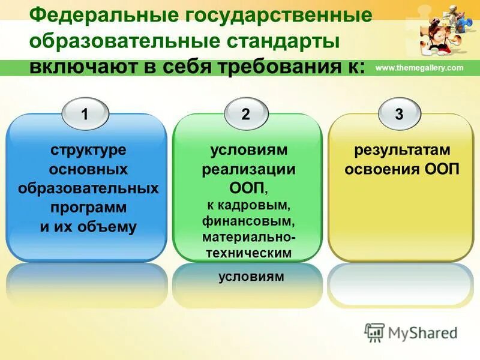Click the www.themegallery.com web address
pyautogui.click(x=419, y=68)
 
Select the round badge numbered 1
pyautogui.click(x=85, y=115)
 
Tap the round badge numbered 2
pyautogui.click(x=245, y=115)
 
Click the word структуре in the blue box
pyautogui.click(x=88, y=149)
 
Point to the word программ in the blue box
pyautogui.click(x=88, y=208)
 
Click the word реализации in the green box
pyautogui.click(x=248, y=169)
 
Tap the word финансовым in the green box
pyautogui.click(x=248, y=222)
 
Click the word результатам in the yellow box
pyautogui.click(x=401, y=149)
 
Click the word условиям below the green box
pyautogui.click(x=248, y=277)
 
